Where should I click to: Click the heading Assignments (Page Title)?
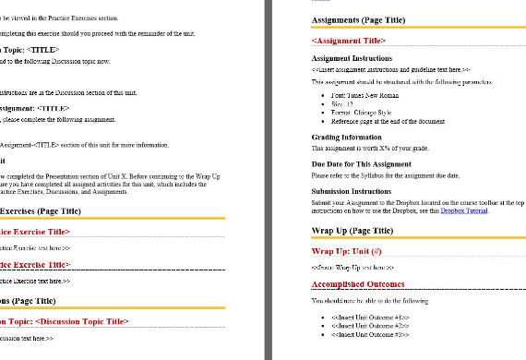coord(361,19)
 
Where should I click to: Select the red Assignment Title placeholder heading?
coord(349,42)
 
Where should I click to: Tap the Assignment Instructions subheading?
coord(352,58)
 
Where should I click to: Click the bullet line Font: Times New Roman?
coord(365,95)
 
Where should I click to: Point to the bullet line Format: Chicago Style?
coord(363,112)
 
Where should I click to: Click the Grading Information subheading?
coord(346,137)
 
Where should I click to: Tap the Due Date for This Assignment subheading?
coord(361,163)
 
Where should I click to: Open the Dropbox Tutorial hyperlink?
coord(464,210)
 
